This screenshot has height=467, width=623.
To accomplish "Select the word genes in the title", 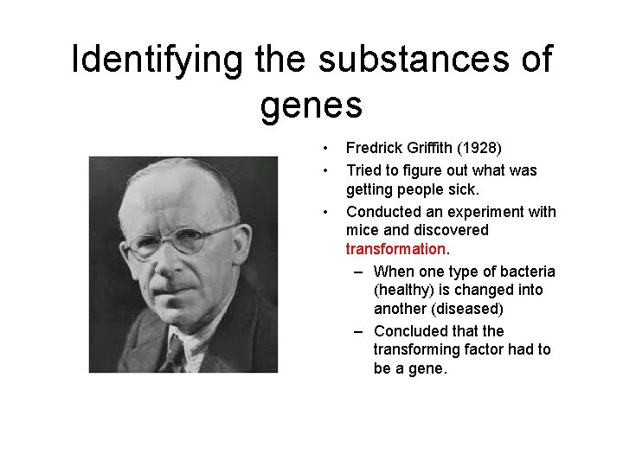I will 311,106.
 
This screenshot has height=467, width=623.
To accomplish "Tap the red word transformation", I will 395,249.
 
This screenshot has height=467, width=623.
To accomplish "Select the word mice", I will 363,230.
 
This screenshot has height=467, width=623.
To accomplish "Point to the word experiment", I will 481,212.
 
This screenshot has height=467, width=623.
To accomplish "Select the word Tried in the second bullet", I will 364,170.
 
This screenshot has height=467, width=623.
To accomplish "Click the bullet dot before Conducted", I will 325,212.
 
